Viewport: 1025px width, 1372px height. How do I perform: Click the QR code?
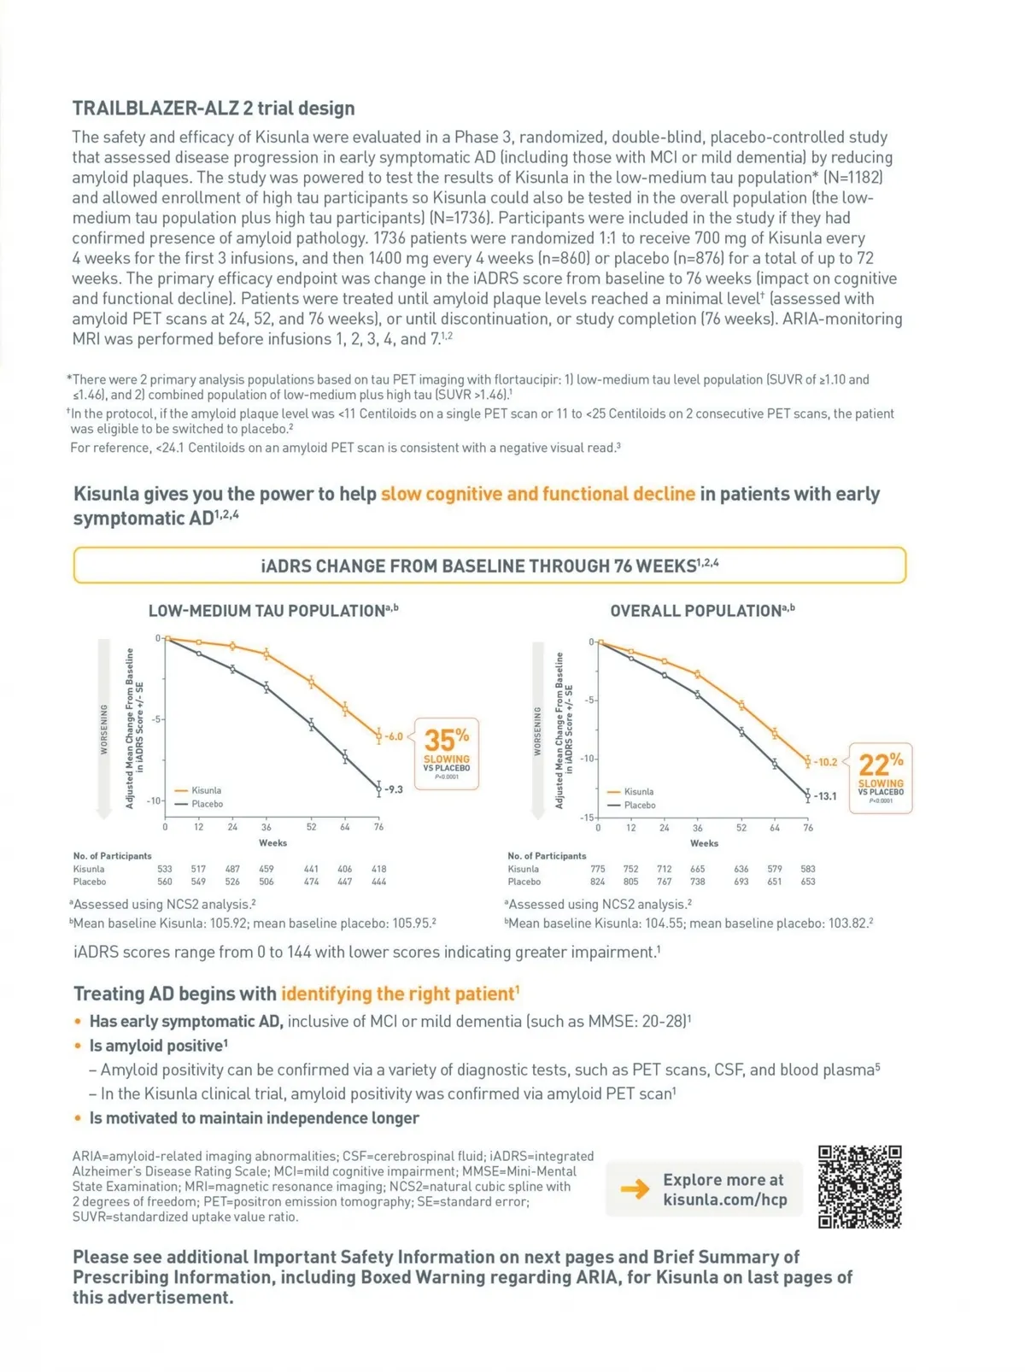(x=859, y=1187)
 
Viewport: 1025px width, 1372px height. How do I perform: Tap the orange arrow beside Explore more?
(x=635, y=1188)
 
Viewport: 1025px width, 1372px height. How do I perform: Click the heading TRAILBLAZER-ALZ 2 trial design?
(x=214, y=108)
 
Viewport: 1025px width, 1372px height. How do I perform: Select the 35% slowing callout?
(x=447, y=753)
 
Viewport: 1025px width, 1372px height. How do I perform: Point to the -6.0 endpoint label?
(x=393, y=736)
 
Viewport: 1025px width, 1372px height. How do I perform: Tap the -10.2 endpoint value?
(x=825, y=762)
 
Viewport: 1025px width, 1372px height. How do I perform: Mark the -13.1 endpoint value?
(x=825, y=796)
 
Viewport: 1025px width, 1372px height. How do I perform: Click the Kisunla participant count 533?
(x=165, y=869)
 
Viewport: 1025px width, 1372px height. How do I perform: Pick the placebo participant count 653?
(x=808, y=882)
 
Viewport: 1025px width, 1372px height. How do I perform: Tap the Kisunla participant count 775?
(x=598, y=869)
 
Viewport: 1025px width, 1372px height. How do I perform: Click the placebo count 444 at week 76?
(x=378, y=882)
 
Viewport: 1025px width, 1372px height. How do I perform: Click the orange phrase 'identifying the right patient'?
(x=399, y=994)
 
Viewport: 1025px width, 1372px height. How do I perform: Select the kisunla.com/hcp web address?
(x=725, y=1199)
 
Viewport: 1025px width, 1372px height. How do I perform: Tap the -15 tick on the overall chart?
(x=587, y=818)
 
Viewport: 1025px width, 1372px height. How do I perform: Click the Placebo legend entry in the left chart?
(x=207, y=804)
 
